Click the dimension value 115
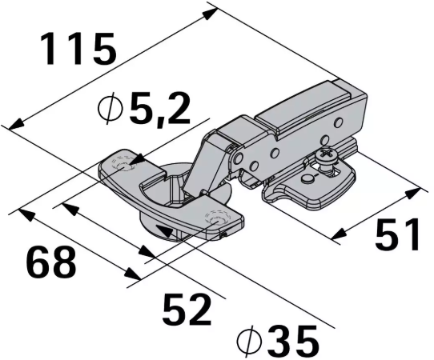click(x=78, y=50)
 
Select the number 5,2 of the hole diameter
click(x=159, y=108)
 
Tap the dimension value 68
click(x=51, y=262)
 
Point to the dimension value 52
click(x=187, y=310)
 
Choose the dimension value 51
click(x=397, y=234)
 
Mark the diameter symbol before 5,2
click(x=111, y=108)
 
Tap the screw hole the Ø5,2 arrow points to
click(x=123, y=167)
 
